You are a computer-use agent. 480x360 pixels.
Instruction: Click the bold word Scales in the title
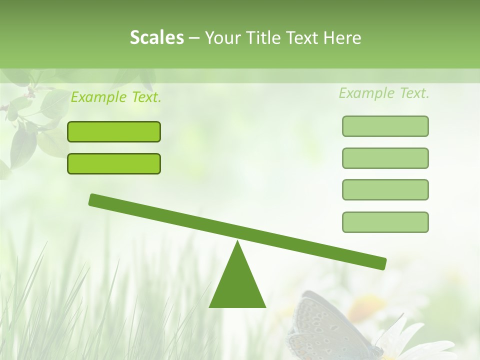coord(156,37)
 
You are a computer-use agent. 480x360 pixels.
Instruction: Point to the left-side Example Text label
coord(116,97)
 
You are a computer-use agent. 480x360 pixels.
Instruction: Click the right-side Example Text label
coord(384,93)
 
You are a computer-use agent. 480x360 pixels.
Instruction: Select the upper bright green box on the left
coord(114,131)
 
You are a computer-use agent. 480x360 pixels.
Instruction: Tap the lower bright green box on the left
coord(114,163)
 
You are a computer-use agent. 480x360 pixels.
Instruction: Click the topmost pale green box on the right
coord(385,126)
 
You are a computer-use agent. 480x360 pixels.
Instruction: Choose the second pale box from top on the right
coord(385,158)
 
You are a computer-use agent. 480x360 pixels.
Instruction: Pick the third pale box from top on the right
coord(385,189)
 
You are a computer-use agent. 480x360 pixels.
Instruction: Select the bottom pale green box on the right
coord(385,222)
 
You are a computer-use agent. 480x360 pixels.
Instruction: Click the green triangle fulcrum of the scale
coord(237,285)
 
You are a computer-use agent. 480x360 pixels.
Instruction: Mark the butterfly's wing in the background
coord(320,325)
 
